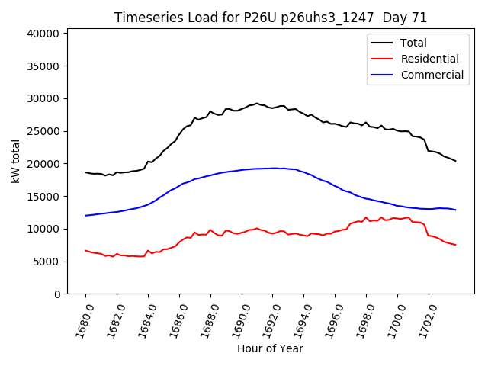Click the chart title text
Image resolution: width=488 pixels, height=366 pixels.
[x=271, y=18]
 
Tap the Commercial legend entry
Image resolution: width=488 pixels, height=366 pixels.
[x=432, y=75]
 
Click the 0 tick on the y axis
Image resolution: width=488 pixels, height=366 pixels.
[x=58, y=294]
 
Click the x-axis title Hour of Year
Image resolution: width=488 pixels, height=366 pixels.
[x=270, y=348]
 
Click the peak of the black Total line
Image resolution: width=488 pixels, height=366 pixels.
[x=257, y=103]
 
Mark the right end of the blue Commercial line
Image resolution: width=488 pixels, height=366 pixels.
[x=455, y=210]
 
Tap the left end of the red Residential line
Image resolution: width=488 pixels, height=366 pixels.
[x=85, y=250]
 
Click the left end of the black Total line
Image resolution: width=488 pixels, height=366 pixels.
[x=85, y=172]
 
